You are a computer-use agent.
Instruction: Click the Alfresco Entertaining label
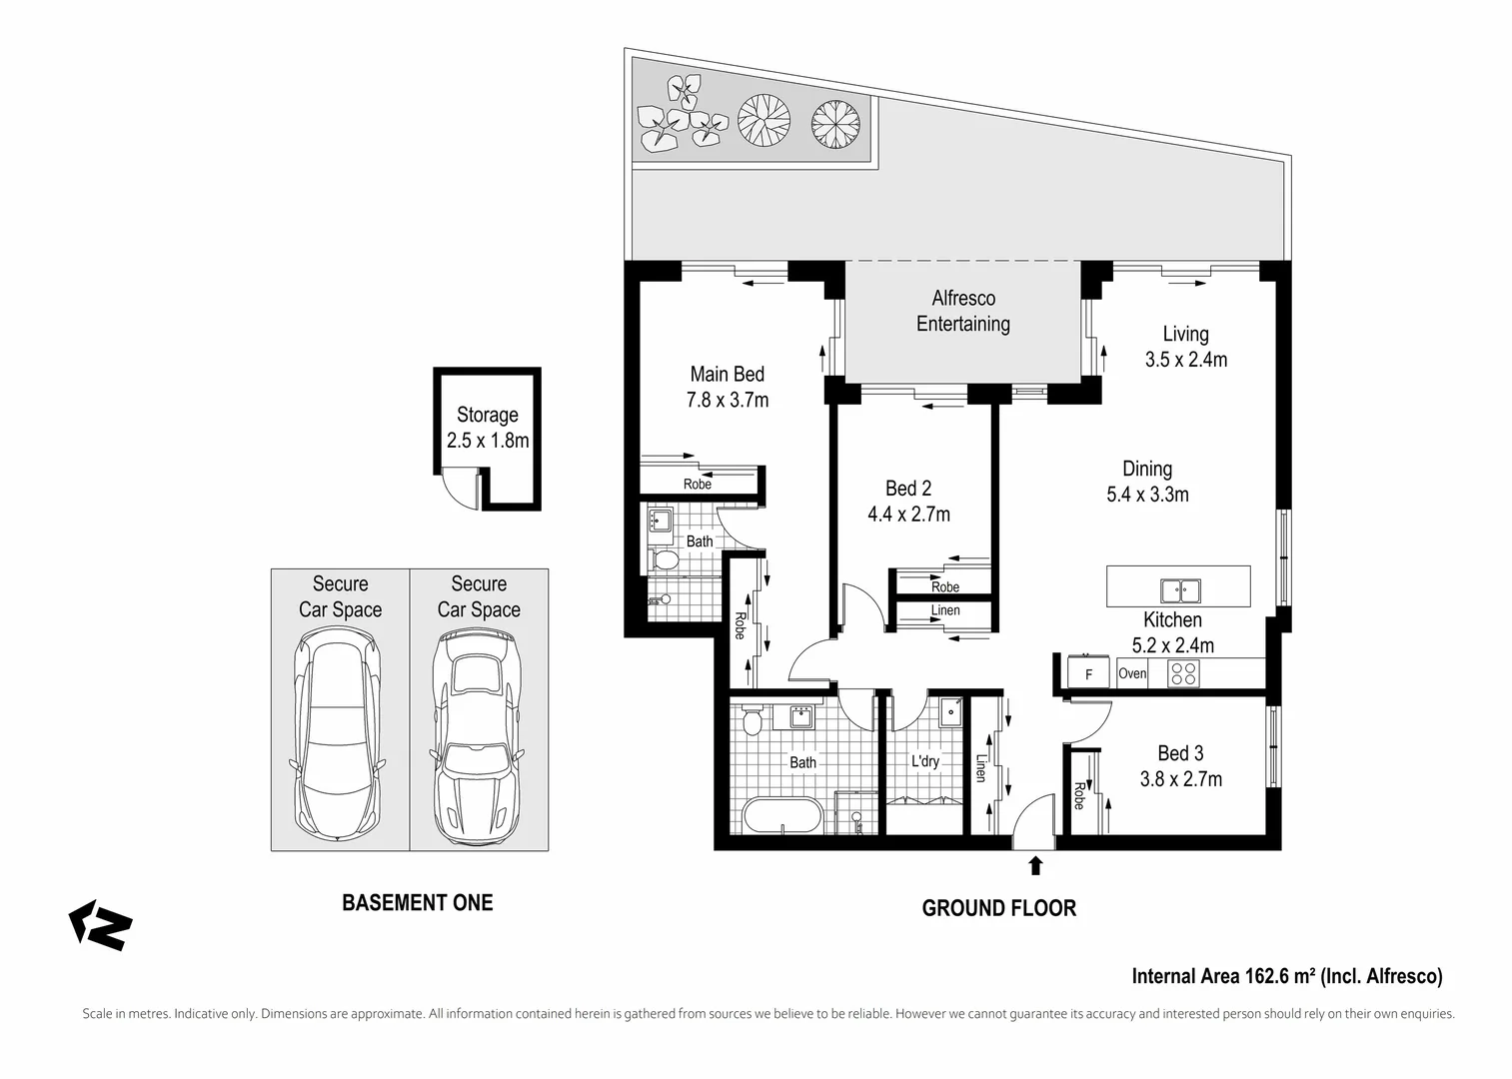[x=963, y=311]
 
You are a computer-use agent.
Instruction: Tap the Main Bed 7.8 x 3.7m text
[x=728, y=387]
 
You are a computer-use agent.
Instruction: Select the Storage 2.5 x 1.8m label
[x=488, y=428]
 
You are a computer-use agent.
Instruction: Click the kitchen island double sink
[x=1180, y=590]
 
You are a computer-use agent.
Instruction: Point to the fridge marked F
[x=1088, y=672]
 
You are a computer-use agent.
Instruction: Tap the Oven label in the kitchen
[x=1132, y=673]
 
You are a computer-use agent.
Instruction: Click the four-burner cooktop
[x=1183, y=673]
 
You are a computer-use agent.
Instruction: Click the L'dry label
[x=925, y=761]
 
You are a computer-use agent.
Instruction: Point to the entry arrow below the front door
[x=1034, y=866]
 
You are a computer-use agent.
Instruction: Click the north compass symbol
[x=100, y=924]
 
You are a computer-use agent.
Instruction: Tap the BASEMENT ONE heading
[x=417, y=903]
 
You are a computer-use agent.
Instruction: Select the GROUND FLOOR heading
[x=999, y=908]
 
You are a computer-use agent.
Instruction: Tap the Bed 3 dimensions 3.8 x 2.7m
[x=1180, y=778]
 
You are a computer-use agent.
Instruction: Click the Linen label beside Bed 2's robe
[x=945, y=610]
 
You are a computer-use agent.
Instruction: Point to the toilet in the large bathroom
[x=752, y=720]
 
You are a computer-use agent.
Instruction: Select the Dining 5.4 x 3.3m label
[x=1147, y=482]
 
